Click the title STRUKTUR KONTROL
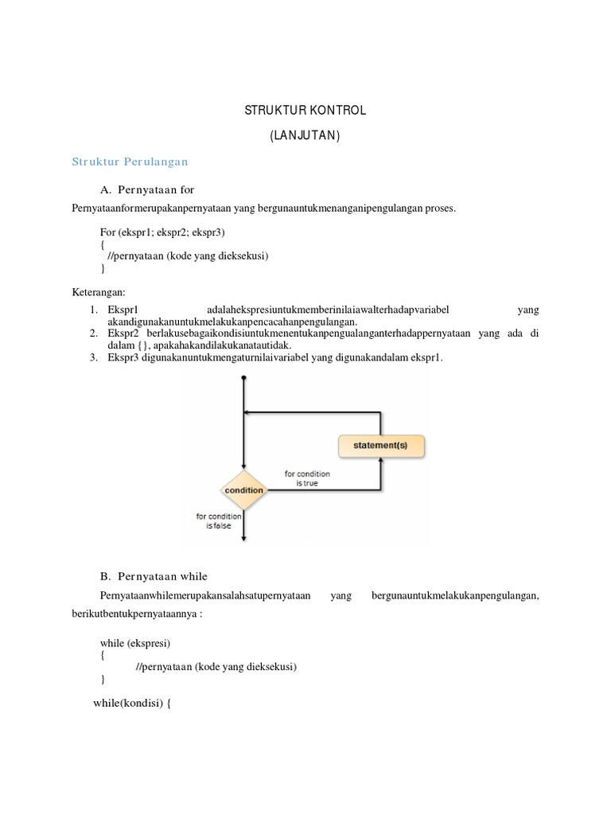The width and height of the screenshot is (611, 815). pyautogui.click(x=305, y=110)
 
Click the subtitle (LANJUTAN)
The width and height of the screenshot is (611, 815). pyautogui.click(x=305, y=136)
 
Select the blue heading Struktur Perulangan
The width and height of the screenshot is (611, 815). pyautogui.click(x=130, y=162)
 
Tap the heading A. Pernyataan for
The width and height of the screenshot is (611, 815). pyautogui.click(x=147, y=189)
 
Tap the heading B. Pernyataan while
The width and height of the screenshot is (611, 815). pyautogui.click(x=154, y=575)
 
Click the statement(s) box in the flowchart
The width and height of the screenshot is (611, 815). pyautogui.click(x=380, y=446)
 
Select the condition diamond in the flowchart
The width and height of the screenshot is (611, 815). pyautogui.click(x=243, y=490)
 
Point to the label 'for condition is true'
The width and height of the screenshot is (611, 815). pyautogui.click(x=307, y=478)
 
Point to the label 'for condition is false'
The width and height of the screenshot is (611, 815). pyautogui.click(x=218, y=521)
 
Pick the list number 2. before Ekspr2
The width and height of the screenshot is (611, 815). pyautogui.click(x=93, y=333)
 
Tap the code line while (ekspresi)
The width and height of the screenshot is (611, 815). pyautogui.click(x=135, y=642)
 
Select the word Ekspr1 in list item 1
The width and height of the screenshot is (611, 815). pyautogui.click(x=123, y=310)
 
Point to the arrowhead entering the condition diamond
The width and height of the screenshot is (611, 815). pyautogui.click(x=243, y=468)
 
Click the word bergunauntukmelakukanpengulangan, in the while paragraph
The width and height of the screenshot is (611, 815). pyautogui.click(x=455, y=595)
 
